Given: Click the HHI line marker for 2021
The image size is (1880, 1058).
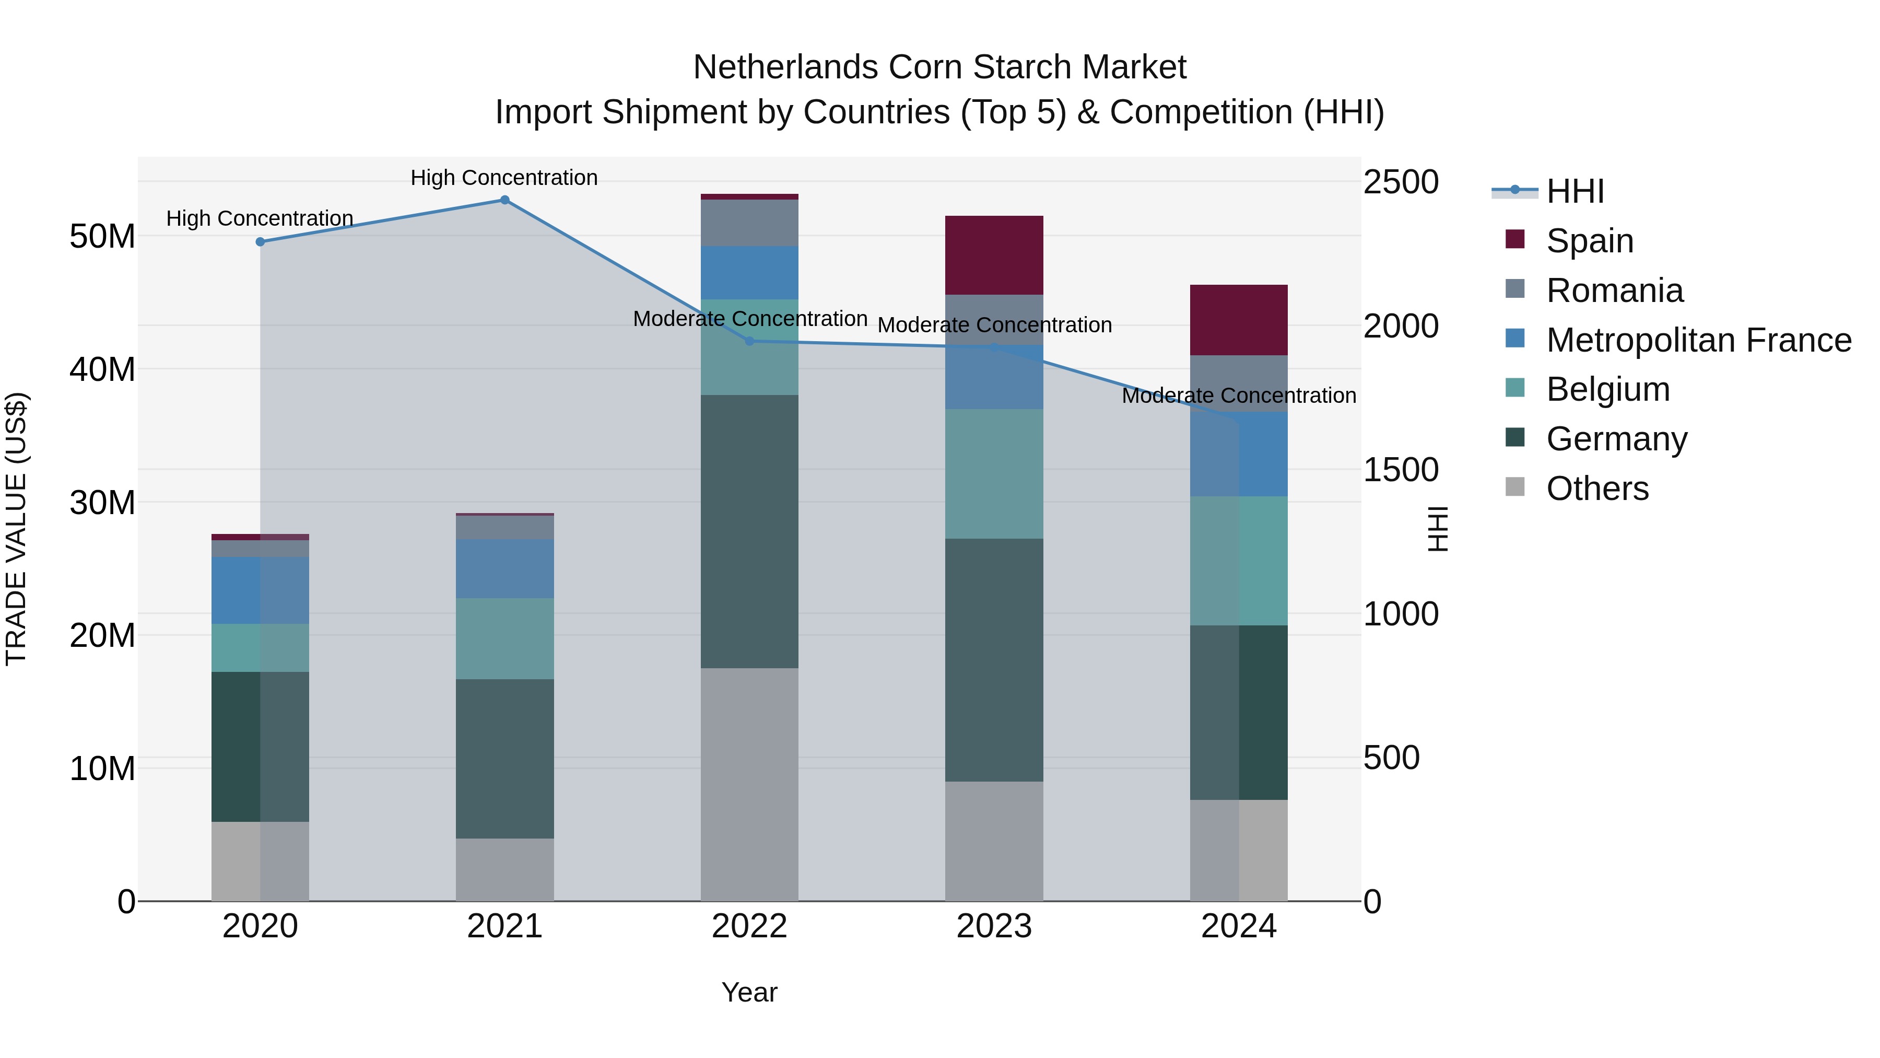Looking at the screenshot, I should click(x=504, y=200).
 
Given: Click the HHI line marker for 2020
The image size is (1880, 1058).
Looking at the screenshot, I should click(x=260, y=242).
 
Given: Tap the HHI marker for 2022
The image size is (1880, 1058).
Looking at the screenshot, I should click(x=749, y=341).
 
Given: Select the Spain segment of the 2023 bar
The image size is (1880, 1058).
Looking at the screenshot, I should click(x=993, y=255).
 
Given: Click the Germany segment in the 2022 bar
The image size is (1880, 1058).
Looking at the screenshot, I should click(x=749, y=531).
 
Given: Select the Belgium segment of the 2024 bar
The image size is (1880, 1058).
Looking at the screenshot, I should click(x=1239, y=560).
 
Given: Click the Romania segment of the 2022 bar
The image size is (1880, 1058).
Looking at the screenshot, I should click(x=749, y=223).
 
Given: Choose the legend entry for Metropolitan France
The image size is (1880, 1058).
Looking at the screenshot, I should click(x=1698, y=340).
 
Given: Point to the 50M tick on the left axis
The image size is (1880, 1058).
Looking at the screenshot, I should click(x=102, y=237).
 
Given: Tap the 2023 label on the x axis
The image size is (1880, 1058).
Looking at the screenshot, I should click(x=993, y=926).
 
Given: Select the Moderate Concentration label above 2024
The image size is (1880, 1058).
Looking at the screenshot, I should click(x=1239, y=395).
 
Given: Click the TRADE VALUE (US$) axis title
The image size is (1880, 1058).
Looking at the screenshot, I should click(x=17, y=529).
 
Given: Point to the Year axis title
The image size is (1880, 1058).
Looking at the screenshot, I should click(x=749, y=992).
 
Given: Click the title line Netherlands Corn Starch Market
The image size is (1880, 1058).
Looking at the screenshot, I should click(x=939, y=67).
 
